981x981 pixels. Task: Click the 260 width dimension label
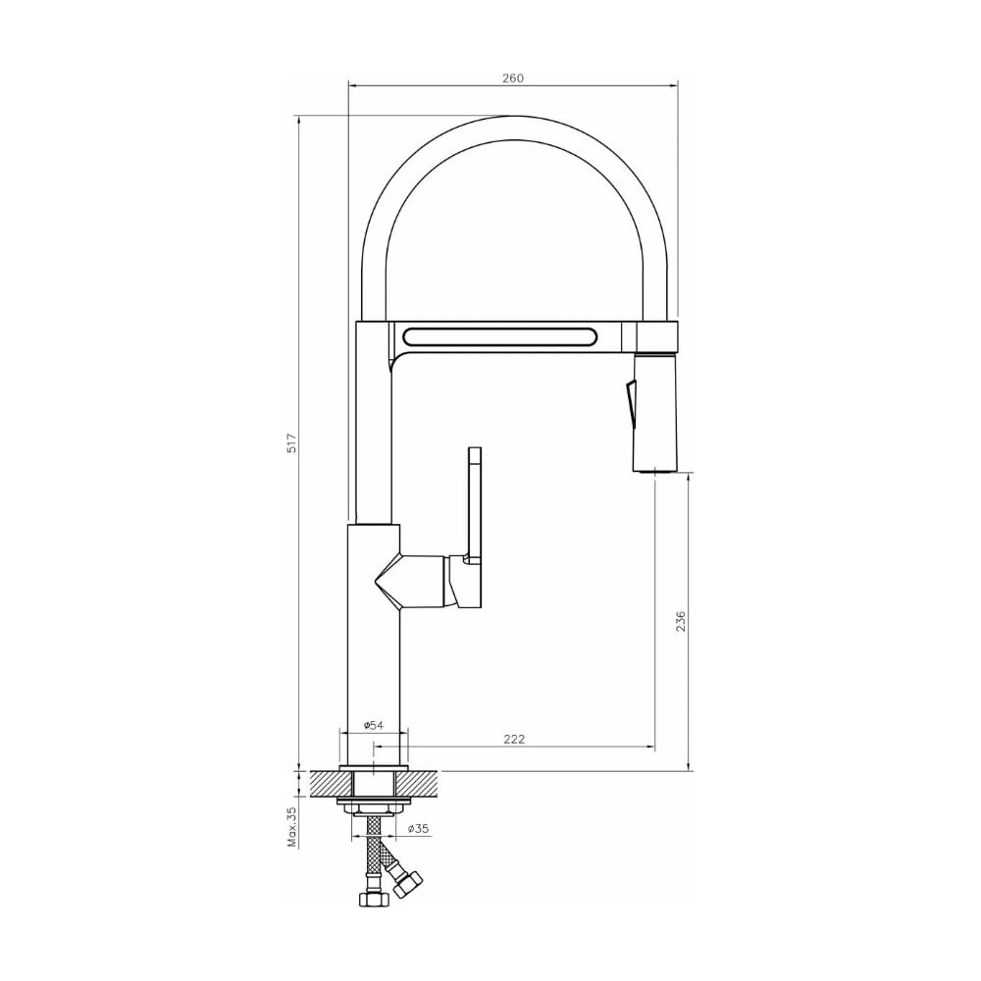512,78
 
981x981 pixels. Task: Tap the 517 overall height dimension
291,443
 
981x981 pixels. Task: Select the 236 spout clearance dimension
682,621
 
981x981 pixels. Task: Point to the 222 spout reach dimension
514,739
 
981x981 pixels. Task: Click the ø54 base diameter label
374,725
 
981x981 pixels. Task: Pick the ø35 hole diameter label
418,828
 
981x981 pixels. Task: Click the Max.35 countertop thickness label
291,826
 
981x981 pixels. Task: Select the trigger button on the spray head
630,399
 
